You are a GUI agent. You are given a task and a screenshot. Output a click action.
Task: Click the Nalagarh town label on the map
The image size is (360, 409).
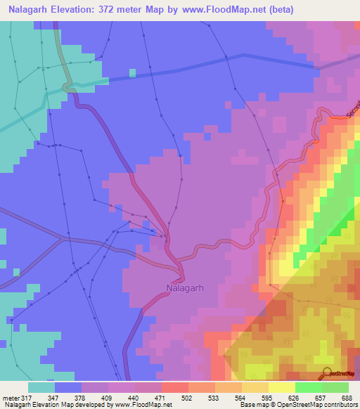point(185,287)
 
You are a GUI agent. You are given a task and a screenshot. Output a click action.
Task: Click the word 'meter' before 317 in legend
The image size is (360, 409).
point(10,398)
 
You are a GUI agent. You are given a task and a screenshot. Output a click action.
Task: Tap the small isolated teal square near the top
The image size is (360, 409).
point(132,72)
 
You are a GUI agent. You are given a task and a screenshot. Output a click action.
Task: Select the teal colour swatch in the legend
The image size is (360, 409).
point(41,387)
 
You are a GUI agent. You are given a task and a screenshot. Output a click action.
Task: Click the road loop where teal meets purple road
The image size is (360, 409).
point(67,87)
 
